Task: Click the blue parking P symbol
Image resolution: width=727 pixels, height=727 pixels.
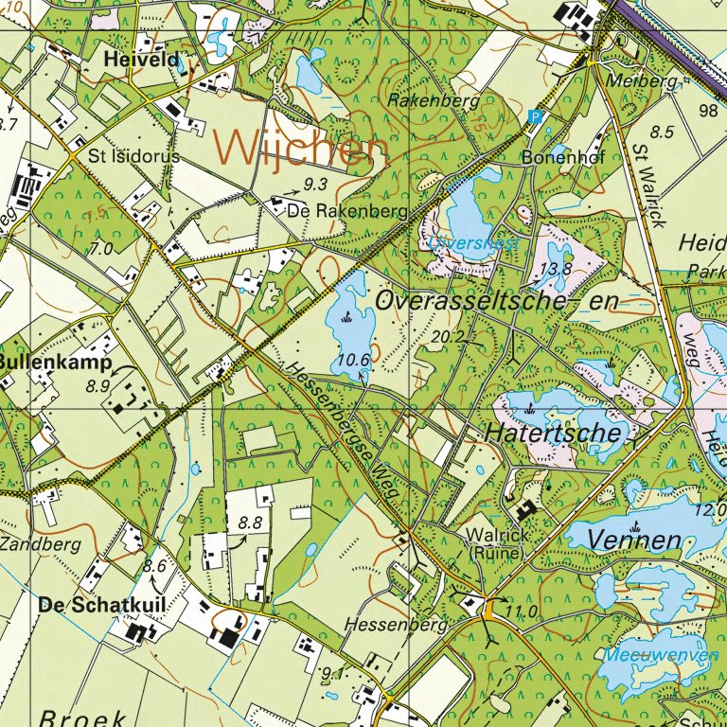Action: (535, 118)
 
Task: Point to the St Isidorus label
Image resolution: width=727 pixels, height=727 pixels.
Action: (133, 155)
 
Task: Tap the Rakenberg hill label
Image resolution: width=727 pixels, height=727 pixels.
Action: (434, 99)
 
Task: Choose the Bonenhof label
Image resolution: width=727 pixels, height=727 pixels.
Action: (563, 158)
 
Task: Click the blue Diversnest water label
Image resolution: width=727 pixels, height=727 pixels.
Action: (473, 242)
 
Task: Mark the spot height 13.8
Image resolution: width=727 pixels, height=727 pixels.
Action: (555, 269)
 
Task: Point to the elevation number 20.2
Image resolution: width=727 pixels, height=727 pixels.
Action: (450, 337)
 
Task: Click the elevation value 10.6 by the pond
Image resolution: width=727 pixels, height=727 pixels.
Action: (353, 359)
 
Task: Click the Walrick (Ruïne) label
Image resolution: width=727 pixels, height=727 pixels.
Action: (492, 543)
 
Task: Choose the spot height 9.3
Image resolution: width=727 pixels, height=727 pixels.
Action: (315, 184)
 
